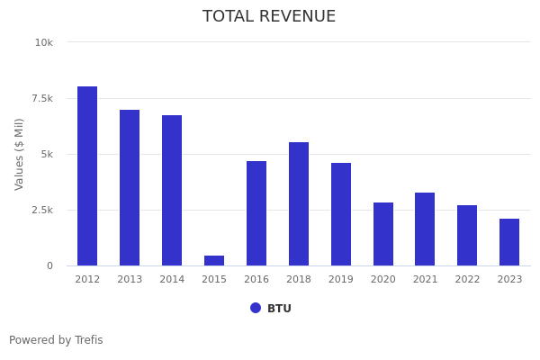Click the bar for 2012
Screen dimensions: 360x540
point(87,175)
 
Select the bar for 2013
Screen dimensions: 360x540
point(130,187)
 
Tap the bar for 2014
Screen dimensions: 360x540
point(172,190)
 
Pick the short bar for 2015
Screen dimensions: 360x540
point(214,261)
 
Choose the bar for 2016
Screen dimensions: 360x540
point(256,213)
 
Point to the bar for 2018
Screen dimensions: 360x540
point(299,203)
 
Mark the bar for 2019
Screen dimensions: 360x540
point(341,214)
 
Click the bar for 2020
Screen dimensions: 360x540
point(383,234)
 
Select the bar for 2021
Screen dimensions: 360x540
point(425,229)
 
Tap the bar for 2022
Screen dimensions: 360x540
point(467,235)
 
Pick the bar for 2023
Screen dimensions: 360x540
point(509,242)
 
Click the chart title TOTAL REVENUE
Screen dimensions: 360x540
point(269,17)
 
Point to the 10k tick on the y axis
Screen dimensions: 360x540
point(44,42)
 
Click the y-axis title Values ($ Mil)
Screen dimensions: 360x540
point(20,154)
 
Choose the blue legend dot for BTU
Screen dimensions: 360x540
point(256,308)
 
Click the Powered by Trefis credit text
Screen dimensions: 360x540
point(56,340)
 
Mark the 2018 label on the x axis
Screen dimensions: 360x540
point(299,279)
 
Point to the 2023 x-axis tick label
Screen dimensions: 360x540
point(509,279)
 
